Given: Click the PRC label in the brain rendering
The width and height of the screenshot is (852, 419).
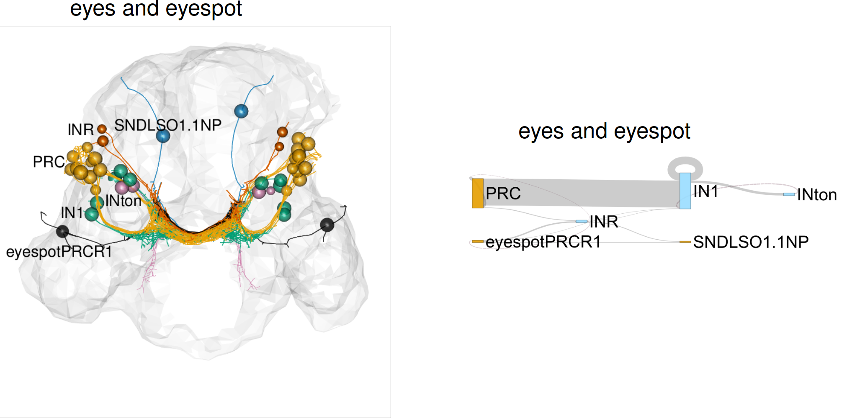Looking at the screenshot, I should pyautogui.click(x=49, y=162).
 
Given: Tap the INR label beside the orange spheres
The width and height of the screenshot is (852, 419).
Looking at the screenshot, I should pyautogui.click(x=80, y=129).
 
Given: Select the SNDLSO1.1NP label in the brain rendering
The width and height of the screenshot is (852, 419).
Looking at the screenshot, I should pyautogui.click(x=168, y=125).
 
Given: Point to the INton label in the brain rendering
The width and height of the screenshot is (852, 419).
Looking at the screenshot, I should pyautogui.click(x=123, y=201).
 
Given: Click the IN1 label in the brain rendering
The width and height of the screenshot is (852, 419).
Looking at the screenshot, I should pyautogui.click(x=72, y=213).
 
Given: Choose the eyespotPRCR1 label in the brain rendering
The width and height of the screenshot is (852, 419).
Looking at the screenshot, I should pyautogui.click(x=59, y=252).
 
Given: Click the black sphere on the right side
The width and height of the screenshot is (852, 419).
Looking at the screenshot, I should pyautogui.click(x=327, y=225).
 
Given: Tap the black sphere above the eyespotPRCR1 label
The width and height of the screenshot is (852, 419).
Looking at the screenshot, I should pyautogui.click(x=62, y=231).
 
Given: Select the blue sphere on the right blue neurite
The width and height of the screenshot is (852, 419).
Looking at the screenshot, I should pyautogui.click(x=241, y=111).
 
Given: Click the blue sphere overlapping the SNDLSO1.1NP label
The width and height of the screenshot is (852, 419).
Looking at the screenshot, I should pyautogui.click(x=163, y=136).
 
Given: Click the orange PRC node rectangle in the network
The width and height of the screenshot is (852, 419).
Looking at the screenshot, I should pyautogui.click(x=478, y=193).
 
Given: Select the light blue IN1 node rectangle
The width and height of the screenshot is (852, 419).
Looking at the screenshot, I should pyautogui.click(x=685, y=191).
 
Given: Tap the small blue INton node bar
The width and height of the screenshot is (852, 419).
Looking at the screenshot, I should pyautogui.click(x=789, y=194).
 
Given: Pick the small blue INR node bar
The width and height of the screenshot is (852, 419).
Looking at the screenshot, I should pyautogui.click(x=582, y=221).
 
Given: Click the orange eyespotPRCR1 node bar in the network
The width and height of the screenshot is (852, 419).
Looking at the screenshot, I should pyautogui.click(x=477, y=242).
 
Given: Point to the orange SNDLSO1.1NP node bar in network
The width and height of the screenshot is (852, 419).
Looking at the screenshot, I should pyautogui.click(x=685, y=242).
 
